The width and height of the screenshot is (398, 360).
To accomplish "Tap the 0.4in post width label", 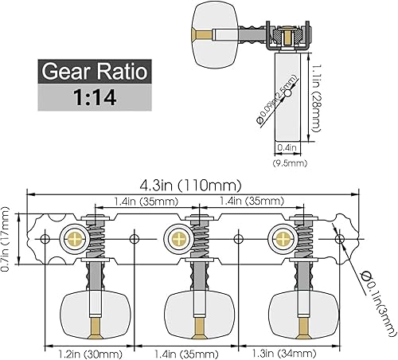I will coord(287,147).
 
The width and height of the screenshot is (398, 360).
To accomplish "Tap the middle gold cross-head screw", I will coord(177,237).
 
